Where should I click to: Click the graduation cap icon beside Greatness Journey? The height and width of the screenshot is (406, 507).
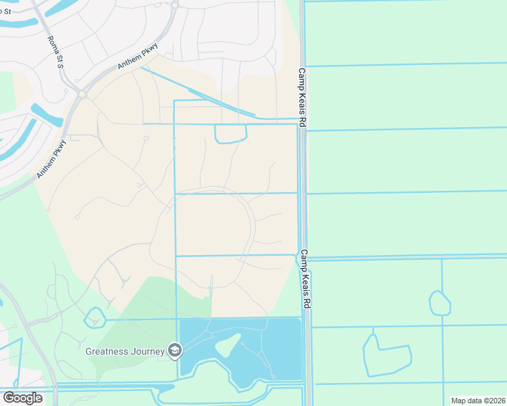click(175, 351)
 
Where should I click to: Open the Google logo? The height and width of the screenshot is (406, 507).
click(22, 397)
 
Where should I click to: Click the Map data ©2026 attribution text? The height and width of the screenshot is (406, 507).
click(477, 401)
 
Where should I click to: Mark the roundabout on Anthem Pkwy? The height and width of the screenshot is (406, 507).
click(82, 95)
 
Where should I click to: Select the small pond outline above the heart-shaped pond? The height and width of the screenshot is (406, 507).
click(439, 302)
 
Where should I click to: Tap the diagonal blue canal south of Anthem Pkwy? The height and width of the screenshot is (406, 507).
click(197, 92)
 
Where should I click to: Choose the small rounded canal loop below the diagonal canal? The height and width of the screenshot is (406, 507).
click(230, 134)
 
